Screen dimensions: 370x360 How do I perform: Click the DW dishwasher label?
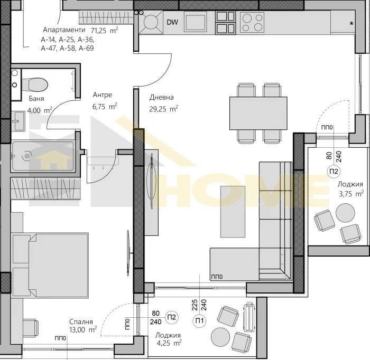[172, 22]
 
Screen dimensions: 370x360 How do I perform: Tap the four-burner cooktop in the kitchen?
[252, 22]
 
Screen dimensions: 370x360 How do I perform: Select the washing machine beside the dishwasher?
[151, 22]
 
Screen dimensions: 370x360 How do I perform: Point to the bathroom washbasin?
[18, 121]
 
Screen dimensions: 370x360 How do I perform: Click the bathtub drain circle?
[27, 156]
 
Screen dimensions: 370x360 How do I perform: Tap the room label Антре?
[103, 94]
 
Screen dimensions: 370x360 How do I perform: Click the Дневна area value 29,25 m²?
[163, 109]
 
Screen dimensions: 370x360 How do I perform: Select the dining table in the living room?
[258, 113]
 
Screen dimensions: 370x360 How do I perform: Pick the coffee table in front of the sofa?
[233, 212]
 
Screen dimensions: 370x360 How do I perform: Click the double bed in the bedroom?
[50, 264]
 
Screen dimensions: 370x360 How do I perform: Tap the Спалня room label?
[81, 321]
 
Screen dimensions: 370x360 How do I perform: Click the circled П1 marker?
[199, 321]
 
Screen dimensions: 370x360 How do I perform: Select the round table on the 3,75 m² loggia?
[345, 213]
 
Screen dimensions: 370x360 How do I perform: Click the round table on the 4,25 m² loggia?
[220, 337]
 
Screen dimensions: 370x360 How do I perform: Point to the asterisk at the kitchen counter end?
[351, 24]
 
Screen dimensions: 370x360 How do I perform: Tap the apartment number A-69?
[86, 48]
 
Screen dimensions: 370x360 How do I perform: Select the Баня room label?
[36, 99]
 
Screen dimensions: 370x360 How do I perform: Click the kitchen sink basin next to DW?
[196, 22]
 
